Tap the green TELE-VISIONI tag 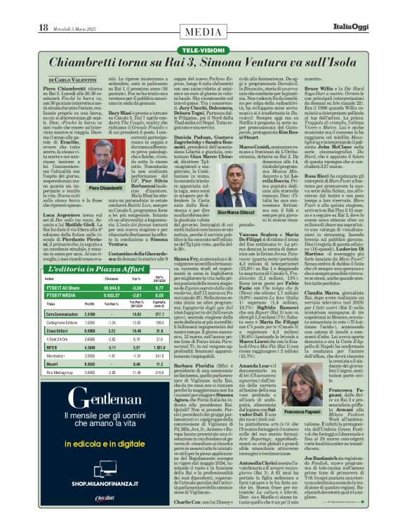(x=203, y=32)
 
